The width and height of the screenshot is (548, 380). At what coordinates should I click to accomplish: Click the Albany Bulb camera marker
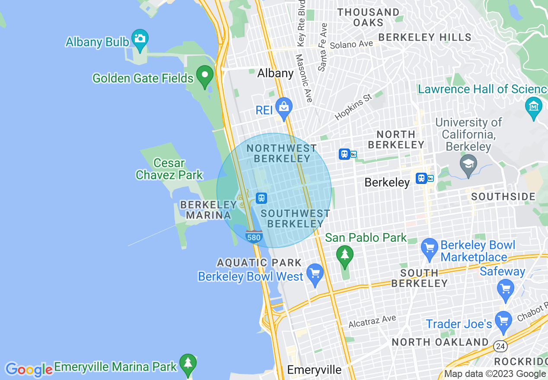point(140,38)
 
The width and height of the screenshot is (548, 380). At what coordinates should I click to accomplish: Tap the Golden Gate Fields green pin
point(205,75)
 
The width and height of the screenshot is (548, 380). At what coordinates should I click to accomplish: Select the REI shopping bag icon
point(284,106)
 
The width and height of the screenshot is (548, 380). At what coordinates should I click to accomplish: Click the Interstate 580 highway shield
point(254,237)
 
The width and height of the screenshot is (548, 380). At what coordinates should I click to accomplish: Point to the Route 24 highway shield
point(500,345)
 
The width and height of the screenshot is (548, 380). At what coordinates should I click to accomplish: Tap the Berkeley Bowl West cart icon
point(315,273)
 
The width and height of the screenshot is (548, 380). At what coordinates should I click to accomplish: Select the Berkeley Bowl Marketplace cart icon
point(429,247)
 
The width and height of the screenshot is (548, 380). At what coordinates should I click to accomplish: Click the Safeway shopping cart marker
point(505,288)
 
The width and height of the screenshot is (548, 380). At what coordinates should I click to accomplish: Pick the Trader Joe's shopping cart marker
point(503,320)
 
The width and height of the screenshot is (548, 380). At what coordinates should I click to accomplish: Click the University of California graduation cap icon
point(468,164)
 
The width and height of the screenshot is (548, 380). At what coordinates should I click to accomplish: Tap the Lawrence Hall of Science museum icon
point(533,105)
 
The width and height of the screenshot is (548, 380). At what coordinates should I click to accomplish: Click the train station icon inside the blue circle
point(261,198)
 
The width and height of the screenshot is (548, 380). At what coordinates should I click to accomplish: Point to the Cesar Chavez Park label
point(169,169)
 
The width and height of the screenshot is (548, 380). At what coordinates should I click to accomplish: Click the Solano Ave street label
point(351,44)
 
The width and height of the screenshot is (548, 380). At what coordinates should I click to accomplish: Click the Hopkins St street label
point(353,106)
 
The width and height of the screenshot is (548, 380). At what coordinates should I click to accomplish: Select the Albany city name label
point(275,73)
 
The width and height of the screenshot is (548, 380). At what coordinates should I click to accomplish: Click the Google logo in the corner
point(29,370)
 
